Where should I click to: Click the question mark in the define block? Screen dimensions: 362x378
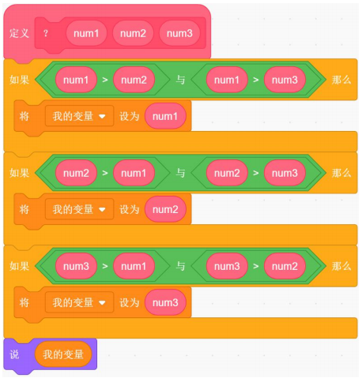(46, 33)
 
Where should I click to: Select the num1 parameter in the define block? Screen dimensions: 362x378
(86, 33)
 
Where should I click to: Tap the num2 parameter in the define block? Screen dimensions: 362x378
(133, 33)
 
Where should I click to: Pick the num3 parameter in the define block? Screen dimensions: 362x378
(179, 33)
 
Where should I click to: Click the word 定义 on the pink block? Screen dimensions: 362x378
(19, 33)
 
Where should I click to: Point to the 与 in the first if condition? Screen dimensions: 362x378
(180, 80)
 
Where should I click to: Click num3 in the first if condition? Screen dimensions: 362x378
(285, 80)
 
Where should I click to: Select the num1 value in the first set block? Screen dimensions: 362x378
(165, 116)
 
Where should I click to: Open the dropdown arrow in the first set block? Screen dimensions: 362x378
(102, 116)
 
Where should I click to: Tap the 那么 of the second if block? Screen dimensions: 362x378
(341, 173)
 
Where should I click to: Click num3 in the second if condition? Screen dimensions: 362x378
(285, 173)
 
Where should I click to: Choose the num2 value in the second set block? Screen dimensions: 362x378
(165, 209)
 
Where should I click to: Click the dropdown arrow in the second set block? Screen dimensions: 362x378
(102, 209)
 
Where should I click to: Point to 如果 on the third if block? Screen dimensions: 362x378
(19, 266)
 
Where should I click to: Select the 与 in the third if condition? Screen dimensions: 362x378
(180, 266)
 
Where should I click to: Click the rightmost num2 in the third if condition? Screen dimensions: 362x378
(285, 266)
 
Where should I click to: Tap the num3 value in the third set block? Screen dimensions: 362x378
(165, 302)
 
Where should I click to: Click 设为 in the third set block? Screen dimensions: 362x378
(129, 302)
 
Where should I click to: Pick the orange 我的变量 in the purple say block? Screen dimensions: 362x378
(63, 354)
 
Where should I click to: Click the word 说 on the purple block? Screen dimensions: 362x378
(14, 354)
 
